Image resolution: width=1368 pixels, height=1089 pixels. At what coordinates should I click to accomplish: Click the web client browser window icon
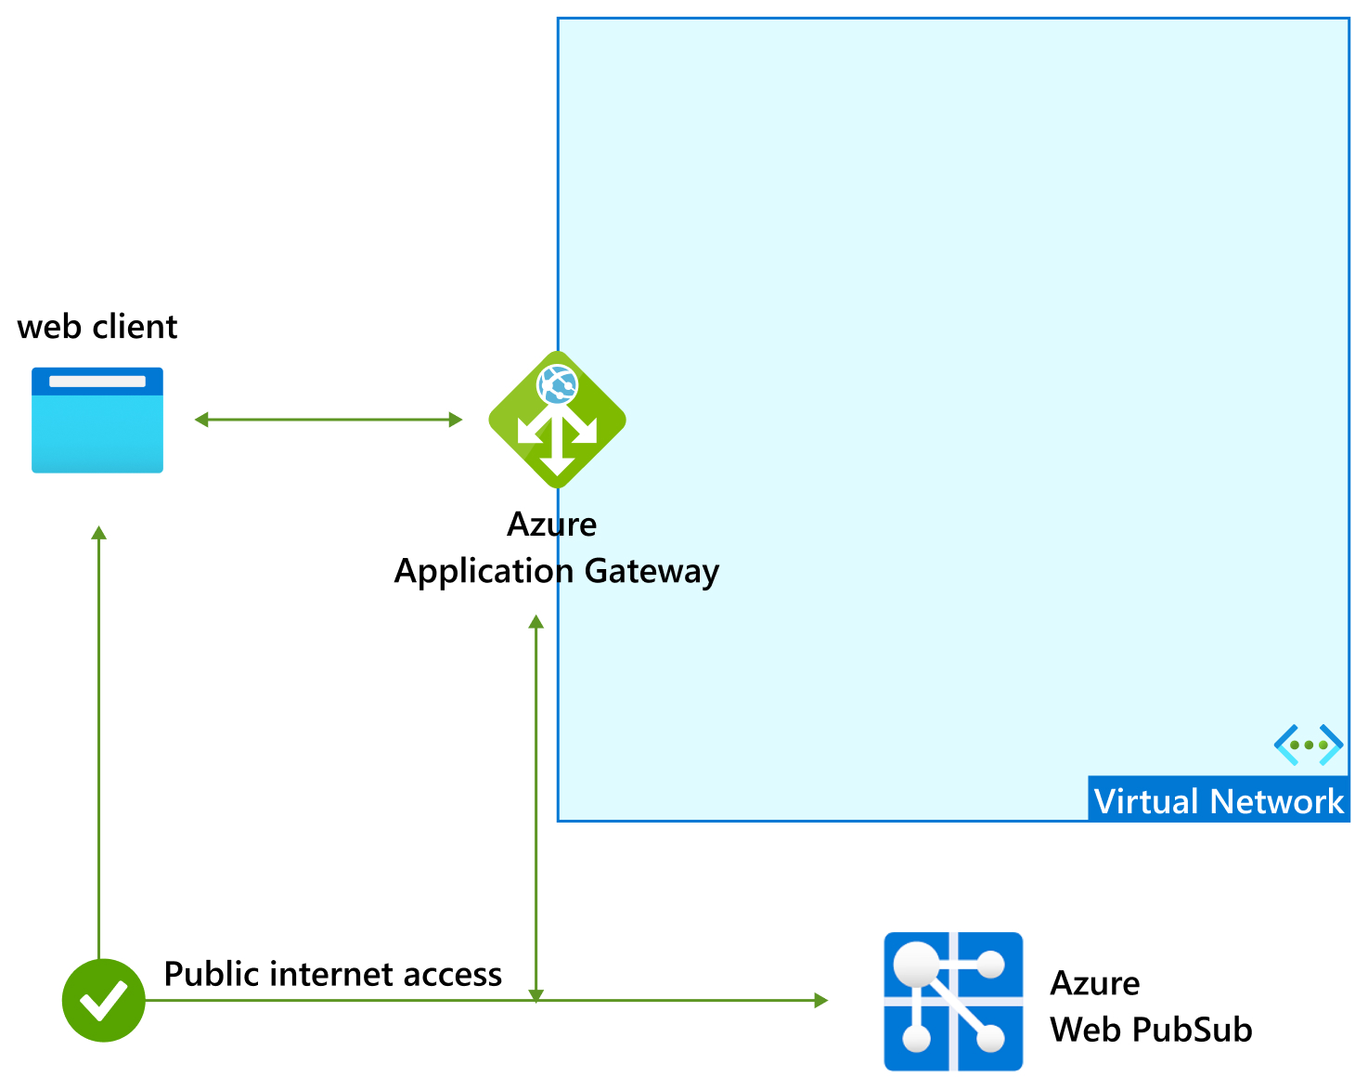(x=97, y=421)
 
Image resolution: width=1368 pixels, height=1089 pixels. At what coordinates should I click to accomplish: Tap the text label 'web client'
(x=97, y=327)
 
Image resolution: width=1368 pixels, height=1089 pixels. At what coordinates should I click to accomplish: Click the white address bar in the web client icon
(x=97, y=382)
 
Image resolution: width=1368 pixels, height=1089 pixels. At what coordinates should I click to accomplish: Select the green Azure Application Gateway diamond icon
(x=557, y=420)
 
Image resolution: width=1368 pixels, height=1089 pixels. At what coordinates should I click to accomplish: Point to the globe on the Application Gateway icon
(x=558, y=383)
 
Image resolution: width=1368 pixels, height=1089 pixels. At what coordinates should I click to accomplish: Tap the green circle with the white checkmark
(x=103, y=1000)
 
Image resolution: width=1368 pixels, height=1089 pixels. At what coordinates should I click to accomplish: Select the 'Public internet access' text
(x=332, y=974)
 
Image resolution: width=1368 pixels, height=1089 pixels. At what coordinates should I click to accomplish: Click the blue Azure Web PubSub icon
(x=953, y=1001)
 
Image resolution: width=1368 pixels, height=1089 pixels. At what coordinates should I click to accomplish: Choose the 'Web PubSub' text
(x=1151, y=1030)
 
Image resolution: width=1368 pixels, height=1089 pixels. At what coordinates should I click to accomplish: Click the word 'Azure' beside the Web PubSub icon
(x=1094, y=983)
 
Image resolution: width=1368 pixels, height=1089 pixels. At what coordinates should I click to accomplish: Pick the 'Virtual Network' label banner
(x=1218, y=800)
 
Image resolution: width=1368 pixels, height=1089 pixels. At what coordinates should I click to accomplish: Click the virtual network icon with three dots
(x=1309, y=745)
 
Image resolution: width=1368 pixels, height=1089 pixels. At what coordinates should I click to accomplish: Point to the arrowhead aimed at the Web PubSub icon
(x=820, y=1000)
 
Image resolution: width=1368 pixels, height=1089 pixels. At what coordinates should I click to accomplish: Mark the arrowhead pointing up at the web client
(x=99, y=533)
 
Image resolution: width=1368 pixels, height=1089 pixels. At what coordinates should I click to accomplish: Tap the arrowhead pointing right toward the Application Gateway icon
(x=455, y=420)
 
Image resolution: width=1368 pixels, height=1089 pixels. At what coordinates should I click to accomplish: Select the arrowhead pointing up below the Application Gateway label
(x=536, y=622)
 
